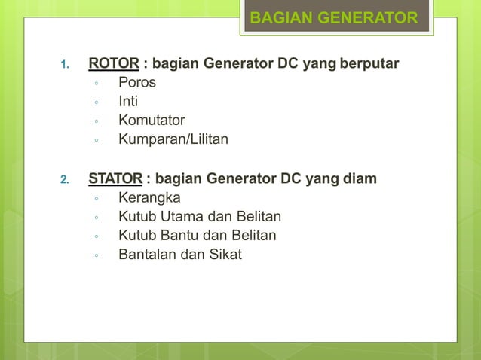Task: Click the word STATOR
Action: [x=115, y=178]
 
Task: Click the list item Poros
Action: [x=137, y=81]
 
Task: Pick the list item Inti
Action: [x=128, y=101]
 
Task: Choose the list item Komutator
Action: [x=152, y=121]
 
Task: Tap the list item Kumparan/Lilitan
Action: [x=173, y=140]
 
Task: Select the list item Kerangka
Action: [x=149, y=197]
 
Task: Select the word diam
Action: [x=361, y=178]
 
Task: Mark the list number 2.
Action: [x=65, y=180]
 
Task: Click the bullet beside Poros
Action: [x=97, y=83]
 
